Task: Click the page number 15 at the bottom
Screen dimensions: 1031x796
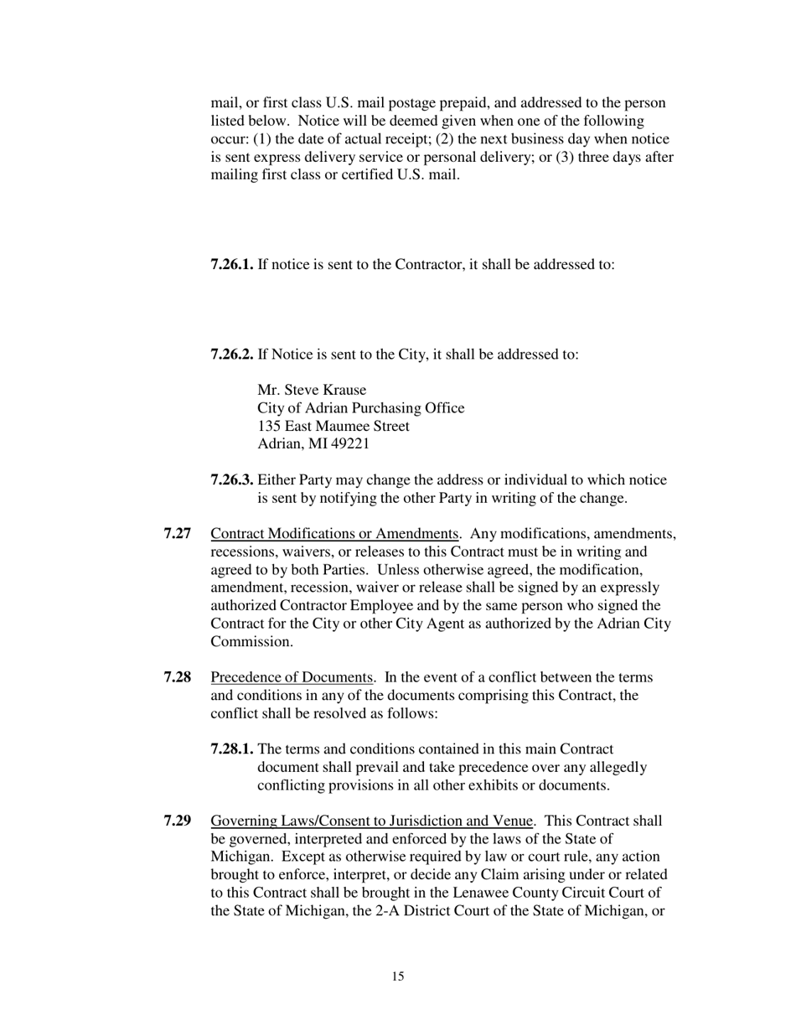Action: tap(397, 977)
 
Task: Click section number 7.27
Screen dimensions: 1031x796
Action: tap(178, 534)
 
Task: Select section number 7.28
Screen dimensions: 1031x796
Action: tap(178, 677)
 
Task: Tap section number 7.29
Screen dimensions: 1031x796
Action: tap(178, 821)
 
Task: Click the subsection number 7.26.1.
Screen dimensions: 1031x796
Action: tap(231, 265)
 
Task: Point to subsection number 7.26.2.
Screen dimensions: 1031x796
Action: tap(231, 355)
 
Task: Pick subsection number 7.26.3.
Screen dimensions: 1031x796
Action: tap(231, 480)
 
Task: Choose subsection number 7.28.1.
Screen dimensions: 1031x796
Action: tap(231, 749)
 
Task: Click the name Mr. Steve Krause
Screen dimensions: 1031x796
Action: tap(312, 391)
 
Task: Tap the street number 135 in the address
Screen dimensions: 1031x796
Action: tap(269, 427)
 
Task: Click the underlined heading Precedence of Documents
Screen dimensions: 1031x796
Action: tap(292, 677)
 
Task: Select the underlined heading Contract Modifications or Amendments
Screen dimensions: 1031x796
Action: tap(334, 534)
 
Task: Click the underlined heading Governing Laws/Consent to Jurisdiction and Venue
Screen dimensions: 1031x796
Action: tap(371, 821)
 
